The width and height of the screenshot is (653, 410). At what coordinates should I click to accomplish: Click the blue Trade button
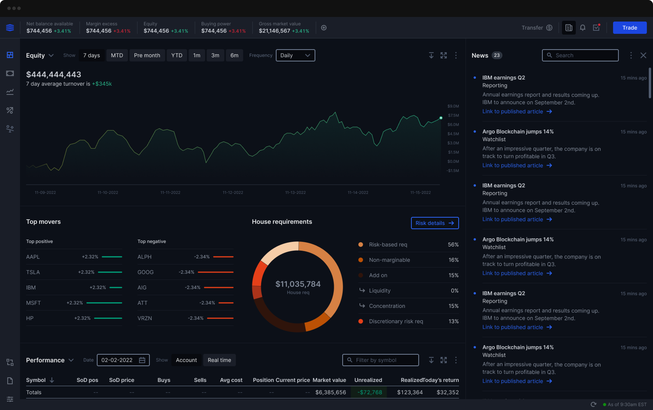pyautogui.click(x=629, y=28)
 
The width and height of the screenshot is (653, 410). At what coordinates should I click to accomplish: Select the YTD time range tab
pyautogui.click(x=177, y=55)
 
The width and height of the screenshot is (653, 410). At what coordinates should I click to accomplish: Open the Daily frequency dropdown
pyautogui.click(x=295, y=55)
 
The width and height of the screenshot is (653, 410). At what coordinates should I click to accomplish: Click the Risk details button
pyautogui.click(x=434, y=223)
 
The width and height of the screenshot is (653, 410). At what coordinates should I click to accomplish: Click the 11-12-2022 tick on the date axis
pyautogui.click(x=233, y=192)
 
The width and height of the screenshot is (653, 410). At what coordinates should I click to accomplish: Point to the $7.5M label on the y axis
pyautogui.click(x=453, y=115)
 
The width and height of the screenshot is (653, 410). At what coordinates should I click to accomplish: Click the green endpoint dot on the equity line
pyautogui.click(x=441, y=118)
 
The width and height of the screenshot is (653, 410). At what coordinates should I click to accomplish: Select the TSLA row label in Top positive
pyautogui.click(x=33, y=272)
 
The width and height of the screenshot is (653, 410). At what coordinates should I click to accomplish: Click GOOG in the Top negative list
pyautogui.click(x=145, y=272)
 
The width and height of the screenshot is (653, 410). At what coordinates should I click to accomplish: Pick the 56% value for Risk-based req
pyautogui.click(x=453, y=245)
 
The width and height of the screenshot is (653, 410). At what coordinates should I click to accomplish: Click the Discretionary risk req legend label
pyautogui.click(x=396, y=321)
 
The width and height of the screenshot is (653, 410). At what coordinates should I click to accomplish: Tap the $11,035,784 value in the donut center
pyautogui.click(x=298, y=284)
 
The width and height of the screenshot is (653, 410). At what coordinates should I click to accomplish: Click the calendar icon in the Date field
pyautogui.click(x=142, y=360)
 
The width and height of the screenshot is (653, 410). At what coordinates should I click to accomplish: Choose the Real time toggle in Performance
pyautogui.click(x=219, y=360)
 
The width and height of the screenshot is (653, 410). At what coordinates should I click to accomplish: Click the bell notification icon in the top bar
pyautogui.click(x=582, y=28)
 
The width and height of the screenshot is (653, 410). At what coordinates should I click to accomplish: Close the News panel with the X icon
pyautogui.click(x=643, y=55)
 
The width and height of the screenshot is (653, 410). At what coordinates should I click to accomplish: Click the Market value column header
pyautogui.click(x=329, y=380)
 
